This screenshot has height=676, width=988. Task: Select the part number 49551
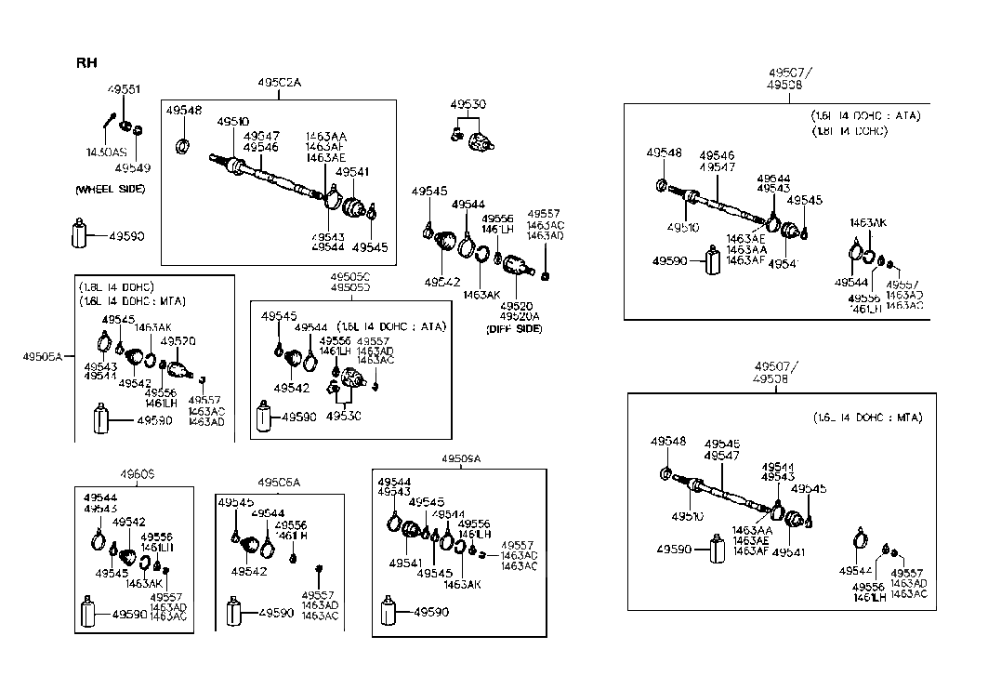124,89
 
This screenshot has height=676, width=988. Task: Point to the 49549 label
132,168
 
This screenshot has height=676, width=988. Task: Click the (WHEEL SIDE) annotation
109,189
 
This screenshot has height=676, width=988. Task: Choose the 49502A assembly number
279,83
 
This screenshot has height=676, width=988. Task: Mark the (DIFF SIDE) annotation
515,329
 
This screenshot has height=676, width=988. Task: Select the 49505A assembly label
42,354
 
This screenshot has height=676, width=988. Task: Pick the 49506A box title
279,482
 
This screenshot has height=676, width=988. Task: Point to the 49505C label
349,277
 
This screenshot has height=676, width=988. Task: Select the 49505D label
349,288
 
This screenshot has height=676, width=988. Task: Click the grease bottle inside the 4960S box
92,613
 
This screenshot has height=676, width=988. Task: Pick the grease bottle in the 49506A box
235,614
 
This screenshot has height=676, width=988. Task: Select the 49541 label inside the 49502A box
352,172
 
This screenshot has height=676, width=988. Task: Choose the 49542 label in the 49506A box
249,572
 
